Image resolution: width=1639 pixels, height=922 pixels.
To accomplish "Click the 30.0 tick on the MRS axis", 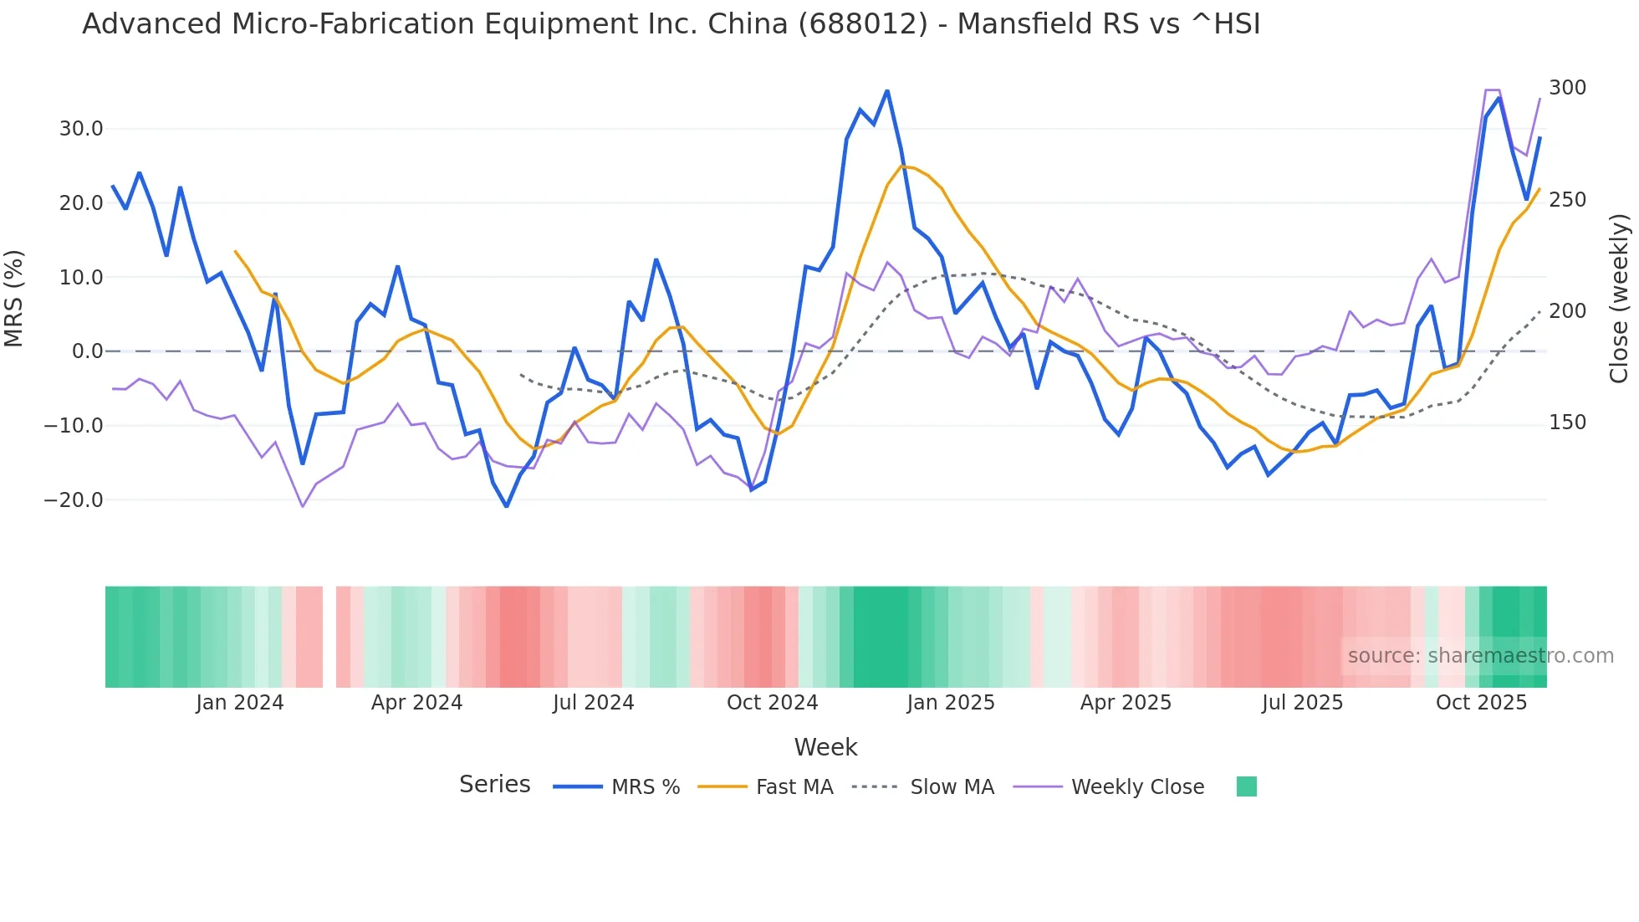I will [80, 129].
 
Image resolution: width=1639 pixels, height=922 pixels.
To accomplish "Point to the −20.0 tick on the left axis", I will [74, 500].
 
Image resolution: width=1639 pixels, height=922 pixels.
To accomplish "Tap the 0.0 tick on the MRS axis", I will [87, 351].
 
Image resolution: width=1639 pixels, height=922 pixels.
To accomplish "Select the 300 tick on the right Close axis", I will [1567, 88].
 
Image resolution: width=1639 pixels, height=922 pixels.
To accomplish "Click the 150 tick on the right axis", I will [1567, 423].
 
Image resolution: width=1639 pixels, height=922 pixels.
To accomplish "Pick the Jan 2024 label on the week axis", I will [240, 703].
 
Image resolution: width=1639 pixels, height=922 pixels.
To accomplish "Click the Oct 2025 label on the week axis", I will [1481, 703].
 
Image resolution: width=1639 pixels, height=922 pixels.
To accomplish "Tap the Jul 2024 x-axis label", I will [593, 703].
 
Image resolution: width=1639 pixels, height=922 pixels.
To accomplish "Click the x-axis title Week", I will [825, 747].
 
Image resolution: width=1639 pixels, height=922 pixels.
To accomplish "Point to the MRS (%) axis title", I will [14, 298].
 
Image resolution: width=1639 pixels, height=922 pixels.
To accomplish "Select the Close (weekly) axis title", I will [1619, 298].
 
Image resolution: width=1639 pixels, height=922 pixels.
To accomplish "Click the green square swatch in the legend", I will [1246, 786].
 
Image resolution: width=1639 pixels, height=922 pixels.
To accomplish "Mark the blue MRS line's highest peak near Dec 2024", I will [887, 91].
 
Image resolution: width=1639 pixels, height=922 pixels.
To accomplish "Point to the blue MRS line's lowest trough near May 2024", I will [506, 506].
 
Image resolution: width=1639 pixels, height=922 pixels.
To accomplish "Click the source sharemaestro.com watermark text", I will [1480, 656].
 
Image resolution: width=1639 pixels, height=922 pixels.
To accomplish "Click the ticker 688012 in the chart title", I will [862, 24].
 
